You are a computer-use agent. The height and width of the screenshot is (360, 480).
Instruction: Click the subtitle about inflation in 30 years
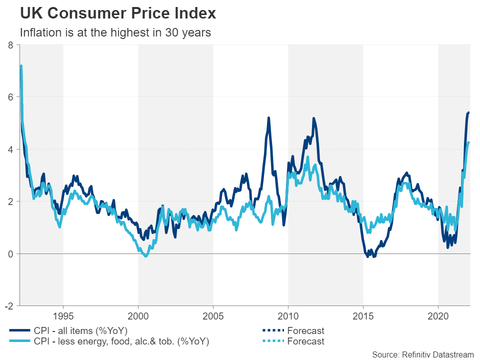coord(115,33)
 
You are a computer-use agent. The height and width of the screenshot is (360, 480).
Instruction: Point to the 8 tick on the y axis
coord(10,45)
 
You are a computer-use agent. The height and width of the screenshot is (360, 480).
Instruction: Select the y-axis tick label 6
coord(10,97)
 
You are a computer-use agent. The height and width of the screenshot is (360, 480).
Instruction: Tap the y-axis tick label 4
coord(10,149)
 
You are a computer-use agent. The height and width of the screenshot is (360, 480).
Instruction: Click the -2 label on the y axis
coord(9,306)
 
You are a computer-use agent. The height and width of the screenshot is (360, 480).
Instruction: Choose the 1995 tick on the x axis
coord(63,316)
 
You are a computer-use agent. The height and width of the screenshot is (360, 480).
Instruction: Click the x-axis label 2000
coord(138,316)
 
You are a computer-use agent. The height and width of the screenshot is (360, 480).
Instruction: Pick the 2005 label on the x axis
coord(213,316)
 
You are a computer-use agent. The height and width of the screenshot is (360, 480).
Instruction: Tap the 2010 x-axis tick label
coord(288,316)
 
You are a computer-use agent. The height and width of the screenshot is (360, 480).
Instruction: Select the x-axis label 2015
coord(363,316)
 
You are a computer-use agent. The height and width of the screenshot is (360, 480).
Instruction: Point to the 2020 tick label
coord(438,316)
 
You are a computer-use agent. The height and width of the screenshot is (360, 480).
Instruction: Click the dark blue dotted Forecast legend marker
coord(269,330)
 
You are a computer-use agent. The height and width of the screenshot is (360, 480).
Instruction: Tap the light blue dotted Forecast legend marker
coord(269,341)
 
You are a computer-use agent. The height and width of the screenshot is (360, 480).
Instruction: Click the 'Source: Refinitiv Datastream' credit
coord(422,354)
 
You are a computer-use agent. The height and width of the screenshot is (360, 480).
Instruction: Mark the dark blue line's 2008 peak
coord(268,118)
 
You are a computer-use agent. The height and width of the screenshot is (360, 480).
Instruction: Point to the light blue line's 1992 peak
coord(21,65)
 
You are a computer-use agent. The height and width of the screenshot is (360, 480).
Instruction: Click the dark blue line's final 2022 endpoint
coord(468,112)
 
